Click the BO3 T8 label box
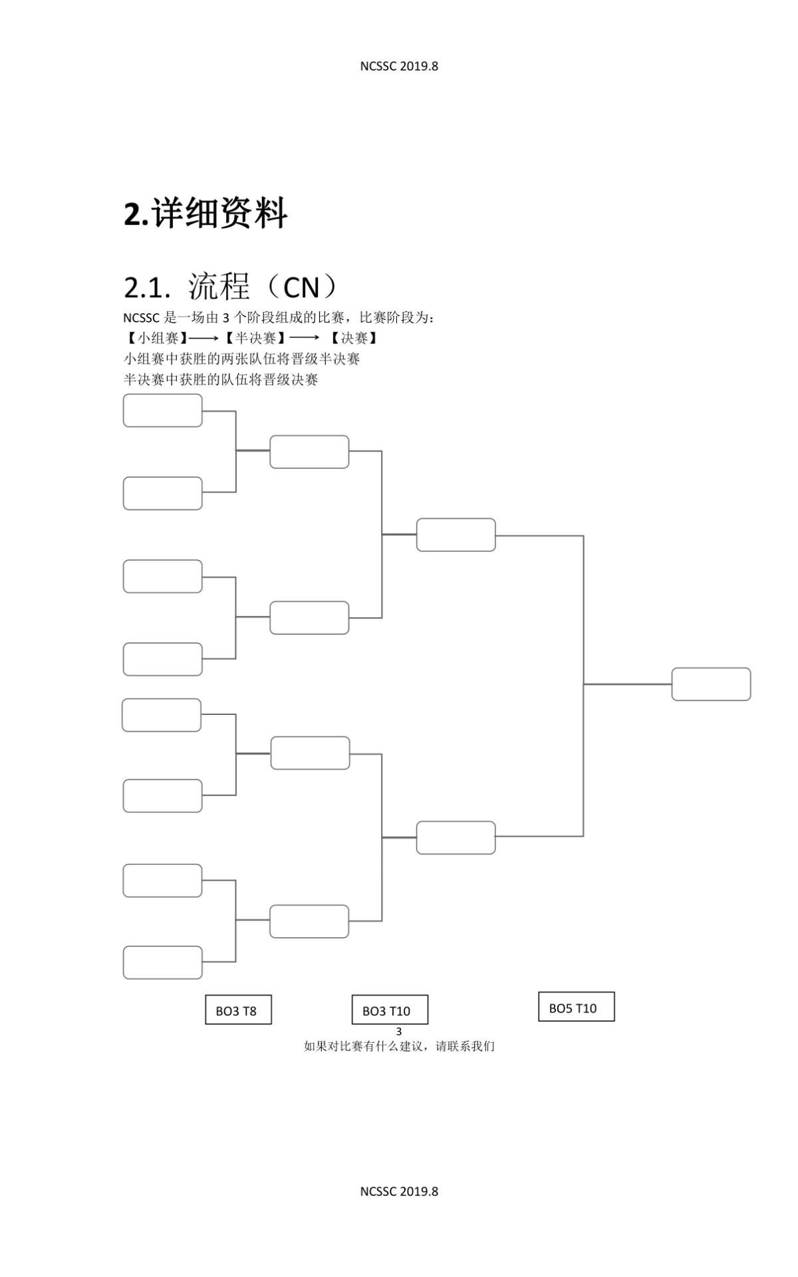tap(238, 1010)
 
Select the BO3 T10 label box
tap(390, 1010)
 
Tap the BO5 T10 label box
tap(577, 1006)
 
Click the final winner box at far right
tap(711, 684)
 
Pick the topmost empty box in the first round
tap(162, 410)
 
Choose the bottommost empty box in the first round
tap(162, 962)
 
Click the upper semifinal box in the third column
tap(456, 535)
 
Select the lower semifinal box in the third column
tap(456, 838)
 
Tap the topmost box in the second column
tap(309, 452)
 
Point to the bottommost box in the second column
tap(309, 921)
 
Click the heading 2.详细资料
tap(205, 213)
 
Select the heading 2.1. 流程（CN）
tap(231, 287)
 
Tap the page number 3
tap(399, 1032)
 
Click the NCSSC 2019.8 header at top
tap(399, 66)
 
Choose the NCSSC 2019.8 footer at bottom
tap(399, 1191)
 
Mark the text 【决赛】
tap(354, 338)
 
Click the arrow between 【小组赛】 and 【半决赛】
tap(203, 339)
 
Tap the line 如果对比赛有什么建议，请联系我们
tap(399, 1046)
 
